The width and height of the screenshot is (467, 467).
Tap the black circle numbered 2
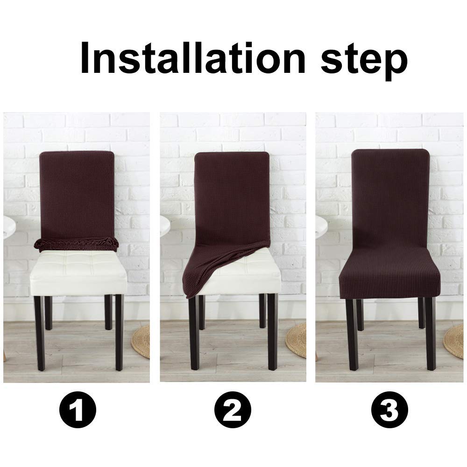coord(233,411)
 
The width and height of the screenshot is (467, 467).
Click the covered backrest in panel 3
coord(389,201)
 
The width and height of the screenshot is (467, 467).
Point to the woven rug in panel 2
coord(297,341)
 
